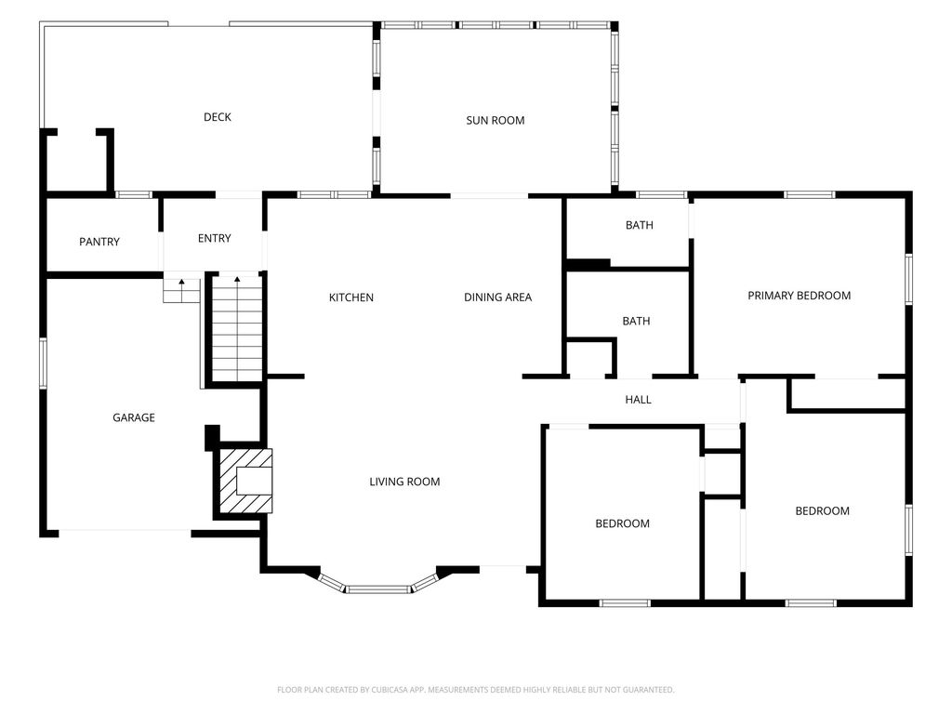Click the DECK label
(x=218, y=117)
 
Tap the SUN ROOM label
(x=496, y=120)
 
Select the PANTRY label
(x=99, y=242)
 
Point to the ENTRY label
(x=215, y=238)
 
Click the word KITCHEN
(x=350, y=297)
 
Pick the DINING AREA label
(x=498, y=297)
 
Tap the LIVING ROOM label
(x=405, y=482)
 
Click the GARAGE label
(x=134, y=417)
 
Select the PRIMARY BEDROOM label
(x=799, y=296)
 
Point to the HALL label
(x=638, y=400)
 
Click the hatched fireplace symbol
(x=245, y=481)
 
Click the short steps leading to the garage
(x=181, y=291)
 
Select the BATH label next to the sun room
(x=640, y=225)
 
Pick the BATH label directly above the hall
(x=636, y=321)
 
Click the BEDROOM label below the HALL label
(x=622, y=523)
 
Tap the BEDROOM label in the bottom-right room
(x=822, y=511)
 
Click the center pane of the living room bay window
(x=379, y=588)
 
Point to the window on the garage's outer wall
(x=43, y=364)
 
